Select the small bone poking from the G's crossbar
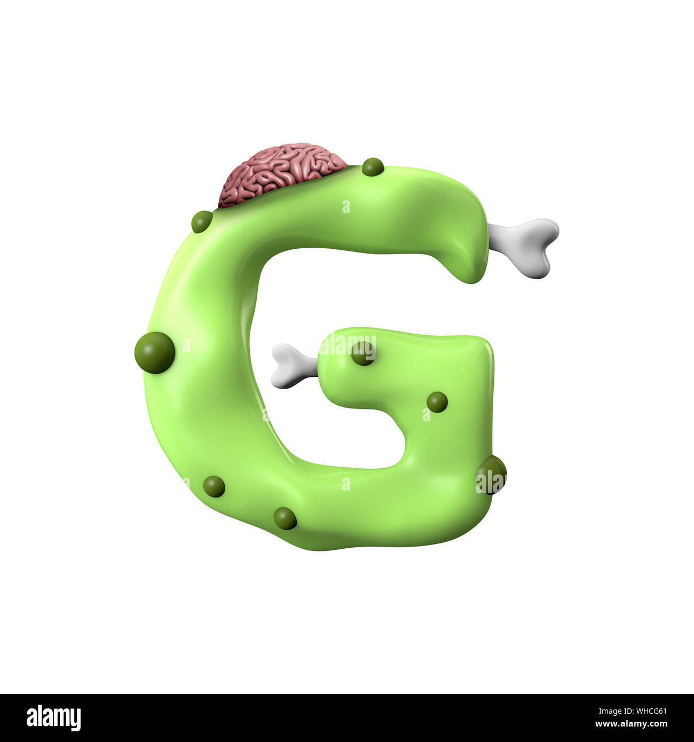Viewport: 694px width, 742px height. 294,366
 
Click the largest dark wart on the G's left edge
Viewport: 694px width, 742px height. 155,352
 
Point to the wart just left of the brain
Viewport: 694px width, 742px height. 202,222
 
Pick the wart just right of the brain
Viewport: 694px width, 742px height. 373,167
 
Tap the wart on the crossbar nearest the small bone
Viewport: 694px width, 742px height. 363,353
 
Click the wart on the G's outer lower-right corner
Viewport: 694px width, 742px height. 492,474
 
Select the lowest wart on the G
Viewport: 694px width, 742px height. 285,518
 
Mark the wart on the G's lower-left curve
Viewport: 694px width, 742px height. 214,486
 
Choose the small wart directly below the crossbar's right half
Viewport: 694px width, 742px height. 437,402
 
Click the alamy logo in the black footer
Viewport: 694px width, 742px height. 53,717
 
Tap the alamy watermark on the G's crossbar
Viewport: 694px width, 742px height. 348,345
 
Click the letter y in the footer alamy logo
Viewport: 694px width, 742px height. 76,720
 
